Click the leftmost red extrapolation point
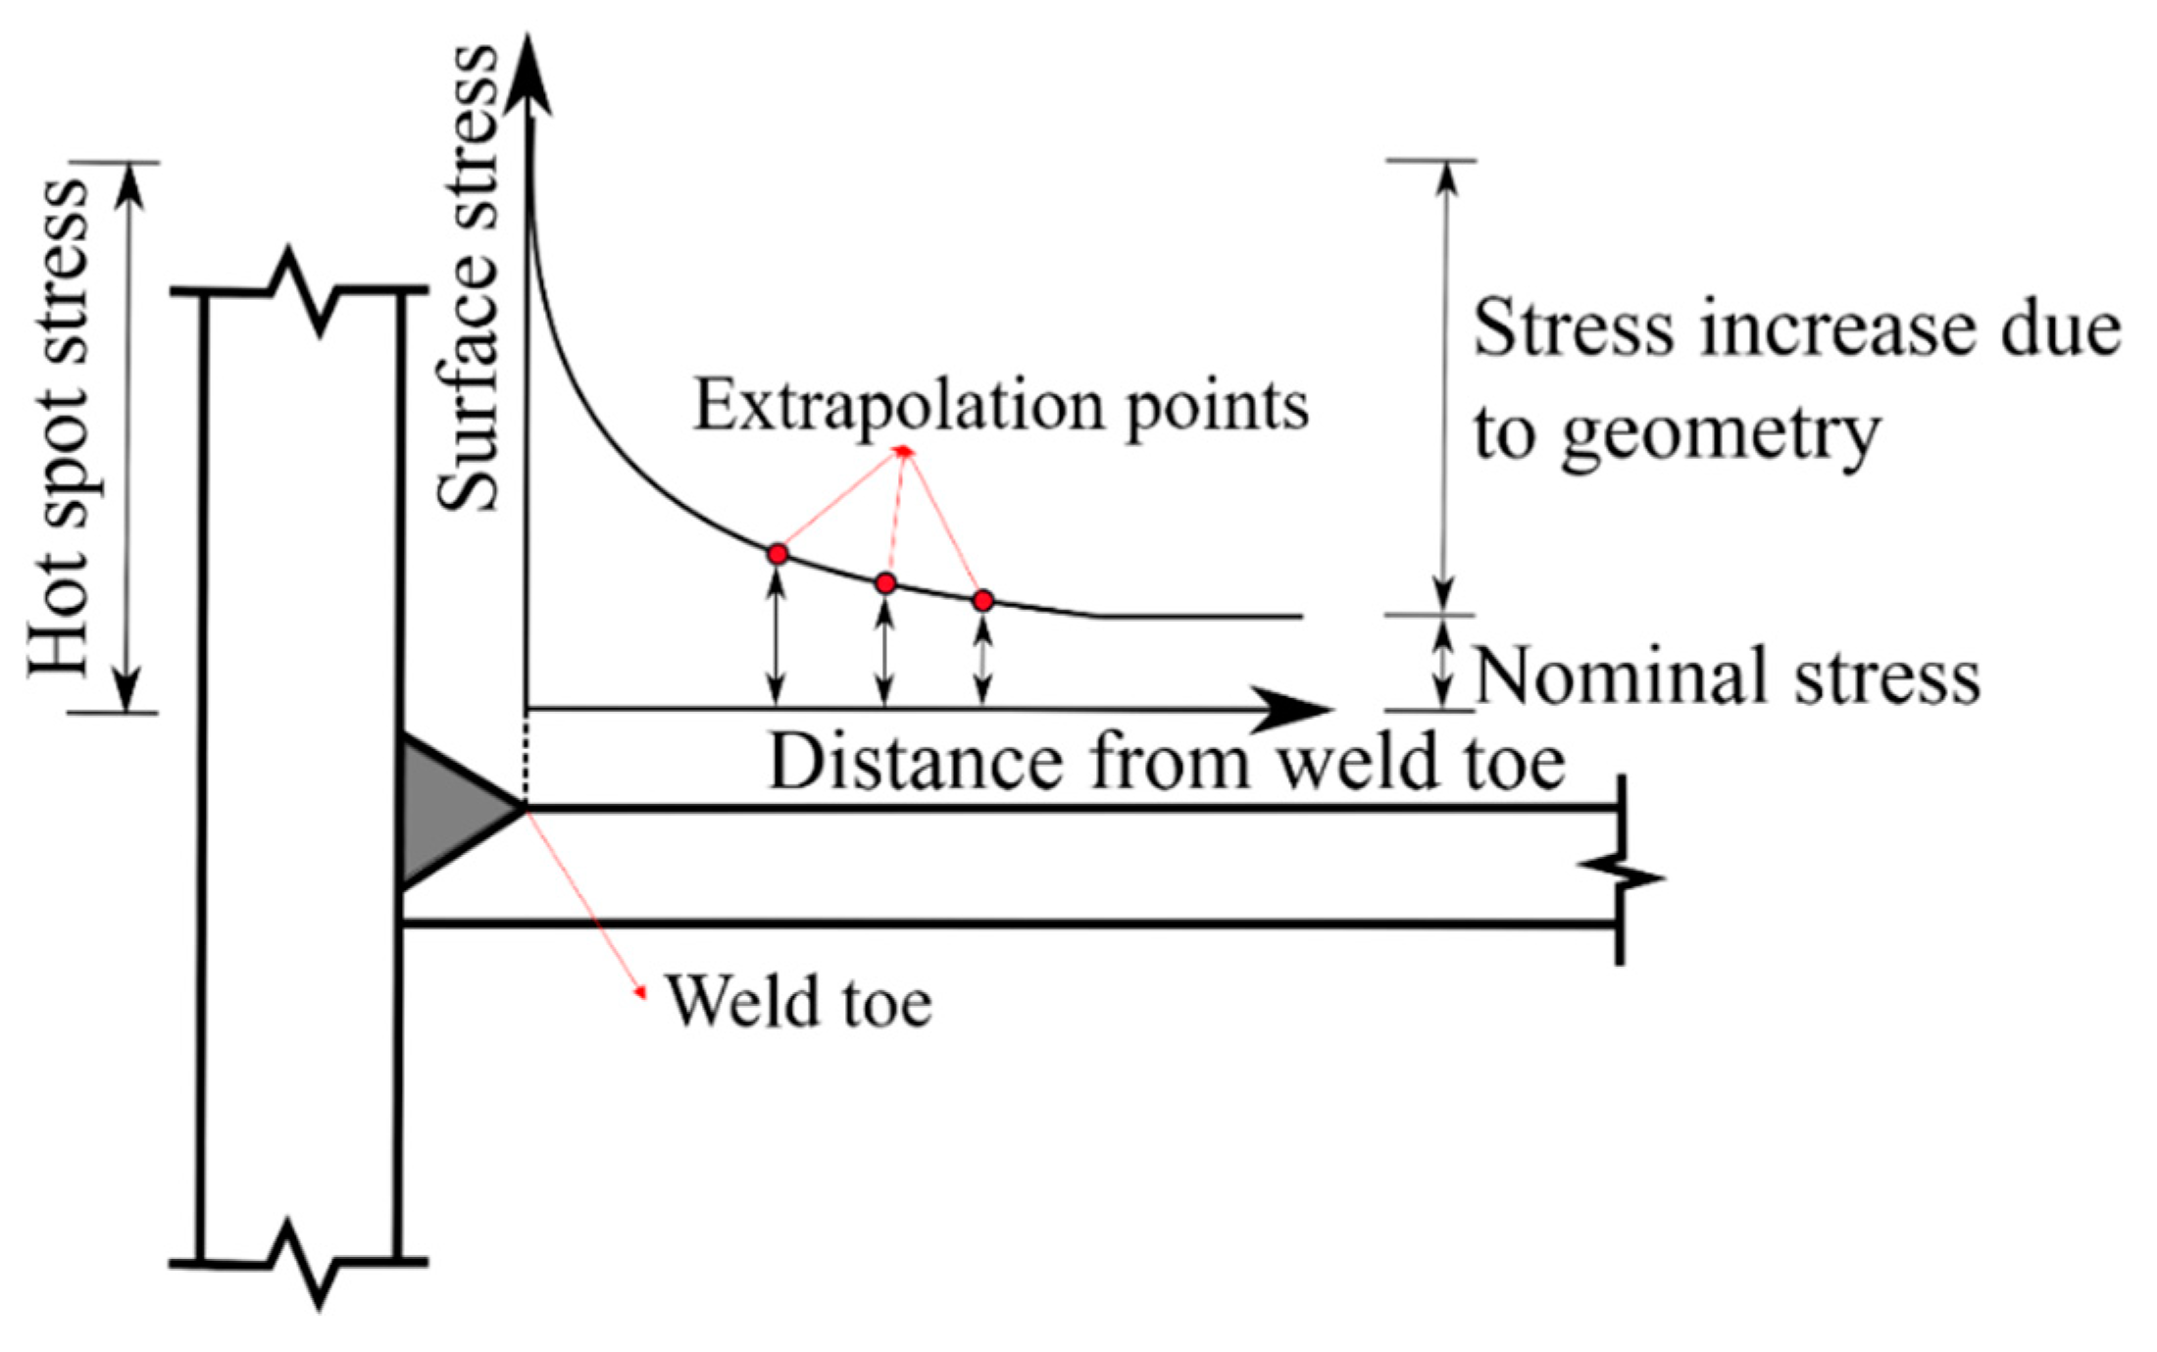point(778,554)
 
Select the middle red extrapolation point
point(885,583)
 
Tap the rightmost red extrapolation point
point(983,600)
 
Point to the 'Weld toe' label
point(799,1002)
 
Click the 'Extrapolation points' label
point(1001,405)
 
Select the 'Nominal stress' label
point(1727,676)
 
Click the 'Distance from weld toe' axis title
point(1167,762)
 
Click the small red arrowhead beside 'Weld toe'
point(641,992)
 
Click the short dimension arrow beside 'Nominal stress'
point(1441,663)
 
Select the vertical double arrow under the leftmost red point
point(777,637)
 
